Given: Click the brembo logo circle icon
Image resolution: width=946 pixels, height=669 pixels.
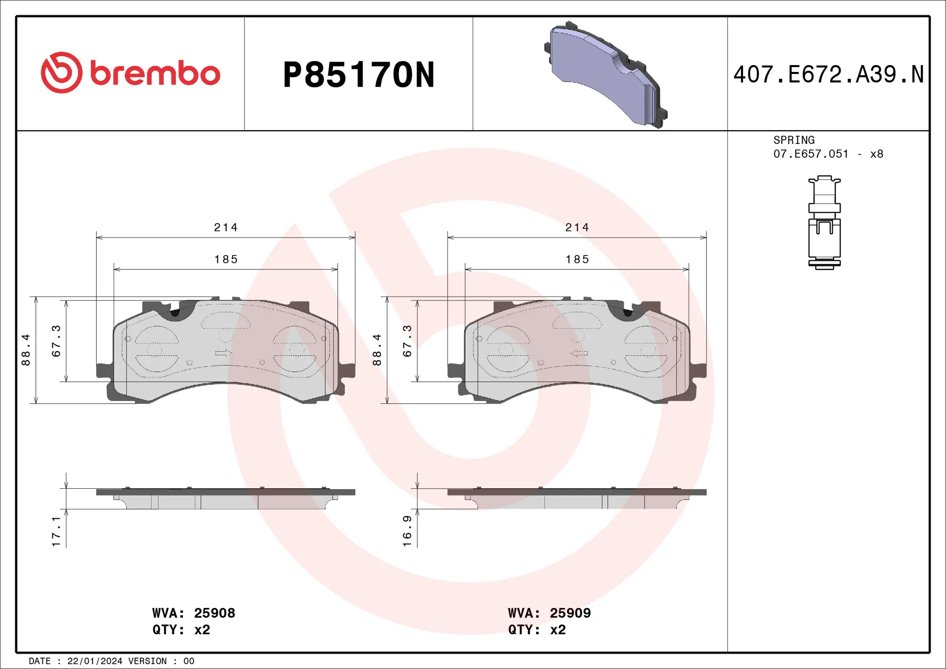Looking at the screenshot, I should (62, 72).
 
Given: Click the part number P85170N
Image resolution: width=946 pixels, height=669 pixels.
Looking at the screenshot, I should (358, 75).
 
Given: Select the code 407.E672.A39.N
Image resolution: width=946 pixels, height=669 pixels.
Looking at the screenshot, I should (828, 74).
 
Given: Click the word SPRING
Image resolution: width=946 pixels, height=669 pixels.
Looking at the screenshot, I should (793, 140).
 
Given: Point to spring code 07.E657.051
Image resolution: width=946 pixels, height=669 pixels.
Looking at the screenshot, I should (811, 154).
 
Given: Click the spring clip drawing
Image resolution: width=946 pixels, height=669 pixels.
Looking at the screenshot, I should (824, 223).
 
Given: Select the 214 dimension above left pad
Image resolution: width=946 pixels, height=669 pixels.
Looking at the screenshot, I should (226, 228).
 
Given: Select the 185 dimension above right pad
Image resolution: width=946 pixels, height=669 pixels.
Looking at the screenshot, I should (577, 260).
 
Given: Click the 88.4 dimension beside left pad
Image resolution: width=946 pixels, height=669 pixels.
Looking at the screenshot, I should (26, 350).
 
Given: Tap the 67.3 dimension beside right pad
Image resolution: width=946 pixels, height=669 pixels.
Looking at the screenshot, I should (407, 341).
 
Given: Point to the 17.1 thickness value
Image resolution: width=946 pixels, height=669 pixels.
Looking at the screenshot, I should (56, 531).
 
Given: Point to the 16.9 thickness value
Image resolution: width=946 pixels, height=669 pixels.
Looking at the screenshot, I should (407, 531).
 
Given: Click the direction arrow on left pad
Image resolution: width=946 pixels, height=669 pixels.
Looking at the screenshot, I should (223, 353).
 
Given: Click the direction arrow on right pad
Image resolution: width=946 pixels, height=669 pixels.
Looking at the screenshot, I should (579, 353).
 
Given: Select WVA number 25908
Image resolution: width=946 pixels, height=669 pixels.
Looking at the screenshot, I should (214, 613).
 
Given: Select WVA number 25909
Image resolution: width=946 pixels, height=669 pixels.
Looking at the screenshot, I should (570, 613).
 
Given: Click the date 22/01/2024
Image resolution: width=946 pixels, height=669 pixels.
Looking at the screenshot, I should (95, 661).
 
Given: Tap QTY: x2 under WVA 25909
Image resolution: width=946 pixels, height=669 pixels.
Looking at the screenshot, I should (537, 630).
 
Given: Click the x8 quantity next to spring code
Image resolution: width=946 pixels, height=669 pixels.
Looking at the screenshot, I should (877, 154).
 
